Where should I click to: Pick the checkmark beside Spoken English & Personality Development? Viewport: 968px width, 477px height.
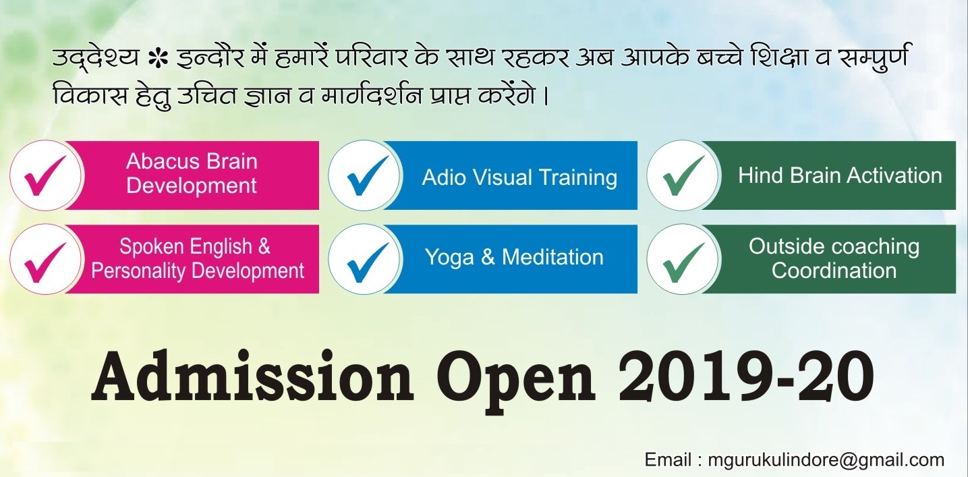point(43,262)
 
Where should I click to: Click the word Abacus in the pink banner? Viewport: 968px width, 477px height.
point(163,162)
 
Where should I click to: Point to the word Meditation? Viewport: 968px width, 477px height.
point(552,257)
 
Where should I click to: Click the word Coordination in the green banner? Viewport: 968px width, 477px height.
point(834,271)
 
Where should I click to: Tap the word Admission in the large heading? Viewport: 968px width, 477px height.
point(252,376)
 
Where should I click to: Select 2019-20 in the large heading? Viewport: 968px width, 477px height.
point(747,376)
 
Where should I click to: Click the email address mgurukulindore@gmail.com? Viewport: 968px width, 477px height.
point(826,461)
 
